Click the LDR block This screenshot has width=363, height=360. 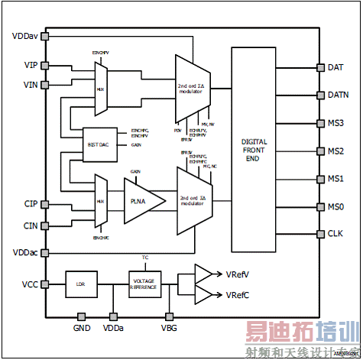[80, 284]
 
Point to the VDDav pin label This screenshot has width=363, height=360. [24, 36]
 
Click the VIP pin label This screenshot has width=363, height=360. [31, 66]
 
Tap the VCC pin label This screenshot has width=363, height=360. [28, 284]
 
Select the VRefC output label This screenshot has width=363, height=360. [240, 295]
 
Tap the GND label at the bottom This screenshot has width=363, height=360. [82, 328]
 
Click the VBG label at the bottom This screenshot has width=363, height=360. [168, 328]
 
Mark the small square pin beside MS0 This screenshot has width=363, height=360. [319, 207]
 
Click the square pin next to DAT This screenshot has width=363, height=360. [319, 67]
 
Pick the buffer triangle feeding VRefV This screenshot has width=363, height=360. [203, 274]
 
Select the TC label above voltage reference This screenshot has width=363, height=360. [145, 258]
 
